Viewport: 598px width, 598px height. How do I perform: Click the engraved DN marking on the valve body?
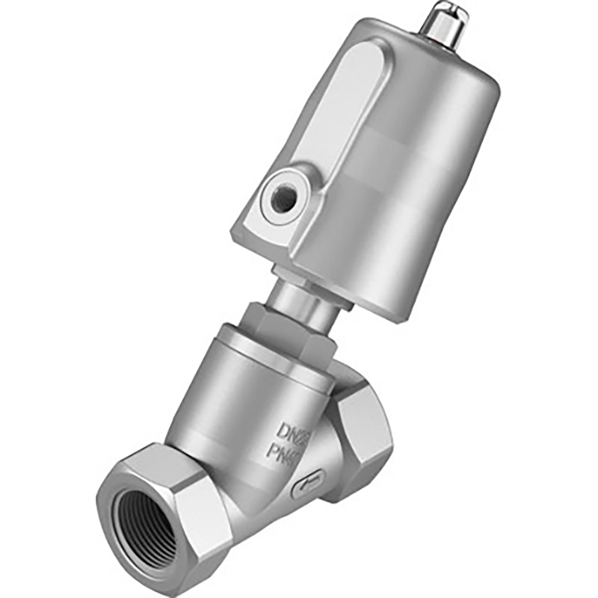pyautogui.click(x=296, y=431)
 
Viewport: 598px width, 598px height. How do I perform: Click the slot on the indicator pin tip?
pyautogui.click(x=449, y=10)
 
